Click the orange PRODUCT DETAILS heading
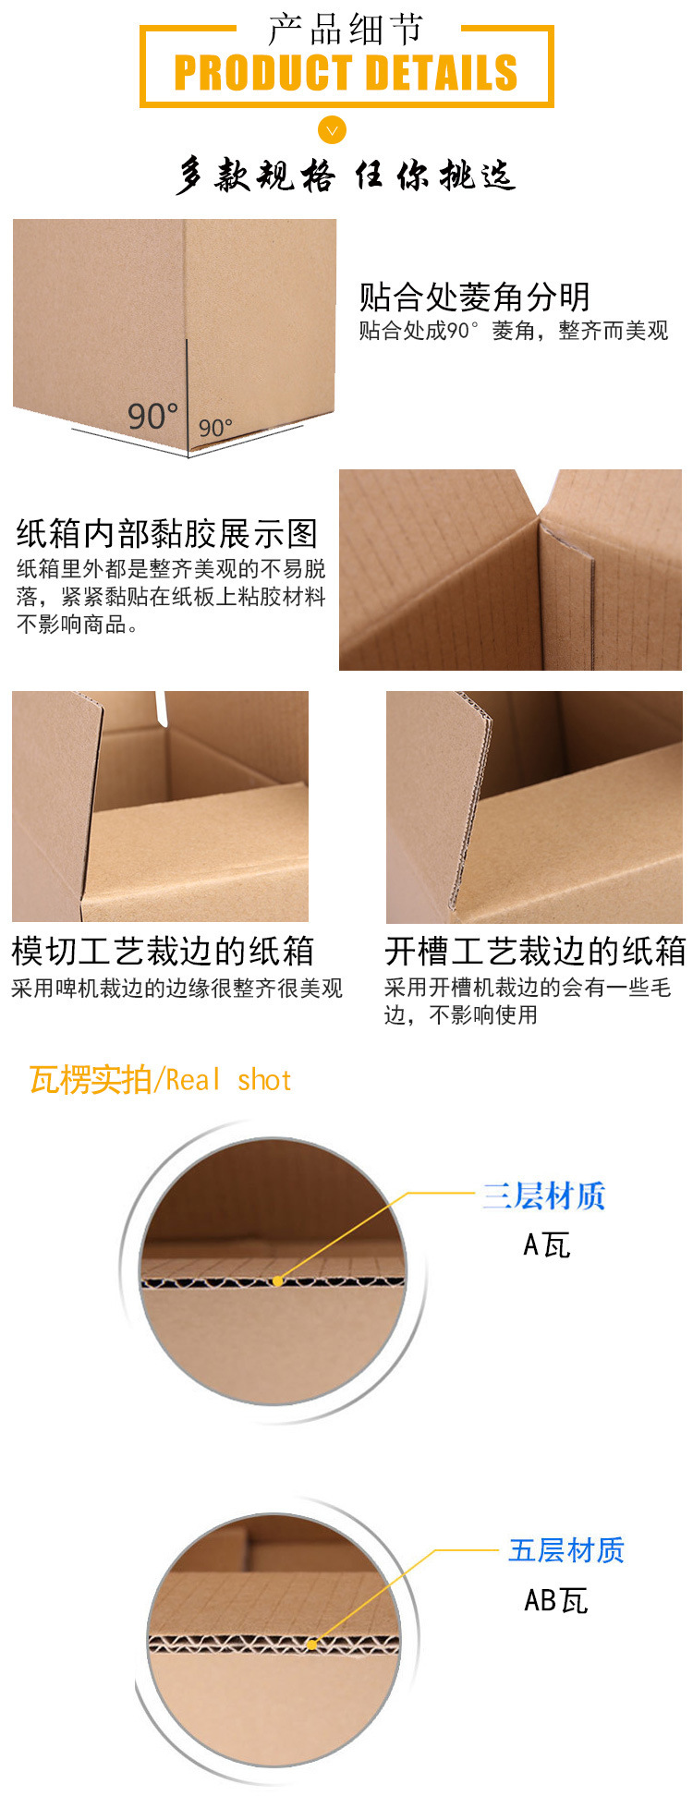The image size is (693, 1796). (x=346, y=73)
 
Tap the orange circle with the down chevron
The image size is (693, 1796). (x=332, y=130)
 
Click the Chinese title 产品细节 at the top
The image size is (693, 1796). (x=346, y=30)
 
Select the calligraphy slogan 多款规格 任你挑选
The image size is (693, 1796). (x=346, y=175)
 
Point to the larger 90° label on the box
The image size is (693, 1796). (x=152, y=416)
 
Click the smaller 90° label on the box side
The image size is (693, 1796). (x=215, y=428)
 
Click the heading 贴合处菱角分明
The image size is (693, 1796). (x=474, y=297)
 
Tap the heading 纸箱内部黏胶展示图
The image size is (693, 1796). (x=167, y=533)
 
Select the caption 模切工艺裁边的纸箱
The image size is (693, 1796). (x=163, y=951)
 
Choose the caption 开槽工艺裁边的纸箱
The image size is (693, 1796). (x=535, y=951)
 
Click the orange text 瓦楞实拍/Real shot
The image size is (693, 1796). (x=160, y=1079)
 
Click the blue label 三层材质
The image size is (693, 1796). (x=543, y=1195)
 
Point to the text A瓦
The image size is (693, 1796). (x=546, y=1245)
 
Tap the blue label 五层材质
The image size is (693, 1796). (x=566, y=1550)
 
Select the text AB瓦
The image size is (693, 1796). (x=555, y=1600)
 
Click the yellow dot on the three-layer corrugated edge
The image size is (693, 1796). (x=277, y=1280)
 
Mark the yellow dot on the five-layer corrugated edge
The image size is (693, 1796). (x=312, y=1644)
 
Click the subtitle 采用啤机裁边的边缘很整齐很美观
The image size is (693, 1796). (x=176, y=989)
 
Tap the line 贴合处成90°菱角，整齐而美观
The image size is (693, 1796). (x=513, y=330)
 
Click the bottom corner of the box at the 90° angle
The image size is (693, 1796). (x=188, y=453)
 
